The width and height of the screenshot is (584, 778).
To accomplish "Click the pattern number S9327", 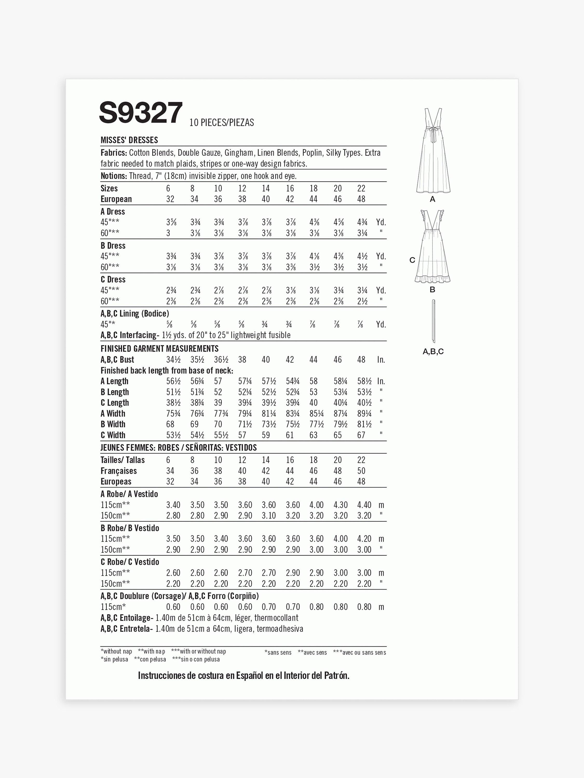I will (141, 113).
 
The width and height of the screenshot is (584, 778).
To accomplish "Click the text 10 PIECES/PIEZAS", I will (221, 122).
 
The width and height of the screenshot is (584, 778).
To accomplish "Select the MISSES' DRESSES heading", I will (129, 140).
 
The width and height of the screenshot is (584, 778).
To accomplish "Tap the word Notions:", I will (113, 176).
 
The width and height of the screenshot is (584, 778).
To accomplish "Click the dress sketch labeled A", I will (433, 151).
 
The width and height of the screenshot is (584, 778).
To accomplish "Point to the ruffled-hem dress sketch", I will (432, 246).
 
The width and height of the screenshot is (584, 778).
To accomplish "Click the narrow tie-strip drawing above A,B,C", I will (434, 321).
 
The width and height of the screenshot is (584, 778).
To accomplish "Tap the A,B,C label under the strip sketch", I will (433, 351).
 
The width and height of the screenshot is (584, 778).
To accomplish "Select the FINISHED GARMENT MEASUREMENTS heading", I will (159, 349).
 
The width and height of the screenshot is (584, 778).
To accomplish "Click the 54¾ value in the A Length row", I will (293, 381).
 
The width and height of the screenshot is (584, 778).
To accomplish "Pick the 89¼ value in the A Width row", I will (364, 414).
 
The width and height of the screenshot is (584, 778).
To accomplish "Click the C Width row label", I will (113, 435).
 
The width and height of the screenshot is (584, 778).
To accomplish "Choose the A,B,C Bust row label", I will (117, 359).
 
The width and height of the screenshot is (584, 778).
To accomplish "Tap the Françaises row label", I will (119, 471).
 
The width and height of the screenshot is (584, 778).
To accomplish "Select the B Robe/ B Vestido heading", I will (130, 528).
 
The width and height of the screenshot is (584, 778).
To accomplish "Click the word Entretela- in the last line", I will (136, 629).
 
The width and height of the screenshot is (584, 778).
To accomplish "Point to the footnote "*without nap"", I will (116, 651).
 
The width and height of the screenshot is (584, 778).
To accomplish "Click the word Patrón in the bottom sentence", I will (337, 675).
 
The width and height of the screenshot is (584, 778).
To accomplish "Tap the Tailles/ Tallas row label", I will (123, 460).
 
